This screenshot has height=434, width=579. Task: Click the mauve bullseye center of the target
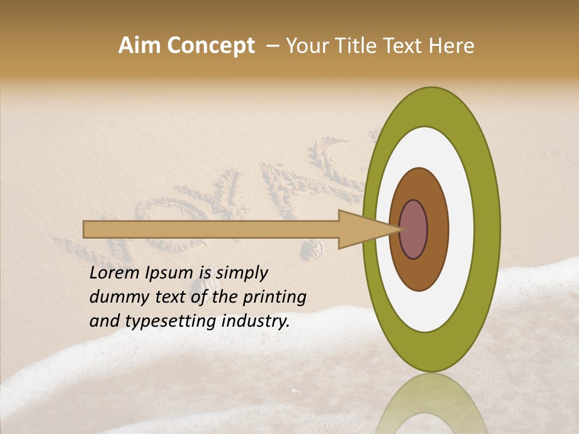(413, 230)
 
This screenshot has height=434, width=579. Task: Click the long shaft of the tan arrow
(211, 230)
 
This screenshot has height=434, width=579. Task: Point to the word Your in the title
(305, 46)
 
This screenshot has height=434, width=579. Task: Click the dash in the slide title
(272, 46)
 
